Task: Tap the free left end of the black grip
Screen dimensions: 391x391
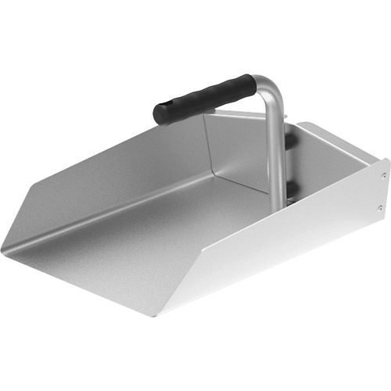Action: [160, 114]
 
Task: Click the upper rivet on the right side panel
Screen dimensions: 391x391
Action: [383, 176]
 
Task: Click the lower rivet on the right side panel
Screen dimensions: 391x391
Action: [379, 208]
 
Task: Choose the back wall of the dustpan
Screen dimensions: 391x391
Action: [235, 152]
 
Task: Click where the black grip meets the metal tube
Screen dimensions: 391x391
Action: [252, 81]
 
